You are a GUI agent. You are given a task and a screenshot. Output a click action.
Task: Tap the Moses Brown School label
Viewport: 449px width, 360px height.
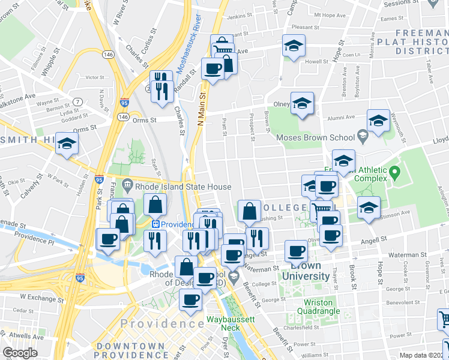315,137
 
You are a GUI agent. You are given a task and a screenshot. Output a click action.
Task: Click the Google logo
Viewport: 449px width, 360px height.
20,353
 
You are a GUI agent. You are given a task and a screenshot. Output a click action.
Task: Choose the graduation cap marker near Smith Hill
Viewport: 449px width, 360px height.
67,144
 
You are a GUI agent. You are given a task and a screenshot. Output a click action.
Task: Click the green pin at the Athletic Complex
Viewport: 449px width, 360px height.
394,173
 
